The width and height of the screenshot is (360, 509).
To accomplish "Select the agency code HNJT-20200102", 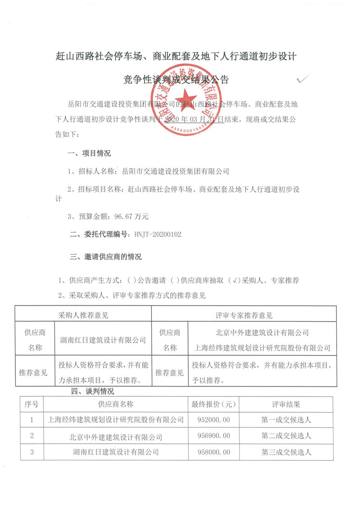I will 157,234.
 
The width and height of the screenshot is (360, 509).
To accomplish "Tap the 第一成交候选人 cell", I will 286,420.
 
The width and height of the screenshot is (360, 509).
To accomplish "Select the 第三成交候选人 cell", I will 286,451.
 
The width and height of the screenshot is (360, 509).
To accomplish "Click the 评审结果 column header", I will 286,404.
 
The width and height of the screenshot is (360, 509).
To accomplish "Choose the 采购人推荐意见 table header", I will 83,315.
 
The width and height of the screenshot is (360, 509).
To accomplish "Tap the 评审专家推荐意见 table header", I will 244,315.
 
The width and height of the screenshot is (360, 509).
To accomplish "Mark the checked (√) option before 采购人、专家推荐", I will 233,280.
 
